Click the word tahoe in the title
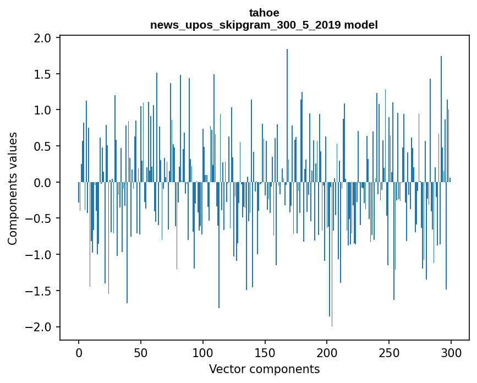[x=264, y=13]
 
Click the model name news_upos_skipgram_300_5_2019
[x=245, y=25]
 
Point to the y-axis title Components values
[x=13, y=189]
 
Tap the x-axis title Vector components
[x=264, y=369]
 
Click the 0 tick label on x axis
[x=79, y=353]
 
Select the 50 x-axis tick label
[x=140, y=353]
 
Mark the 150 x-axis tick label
[x=265, y=353]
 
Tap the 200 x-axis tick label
[x=327, y=353]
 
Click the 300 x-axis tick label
[x=451, y=353]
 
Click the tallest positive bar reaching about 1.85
[x=287, y=116]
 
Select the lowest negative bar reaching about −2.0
[x=332, y=254]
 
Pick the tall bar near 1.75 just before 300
[x=441, y=119]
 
